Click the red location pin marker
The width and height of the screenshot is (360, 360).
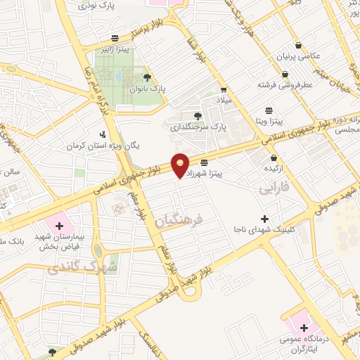tap(181, 165)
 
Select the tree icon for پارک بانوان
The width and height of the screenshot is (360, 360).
tap(147, 77)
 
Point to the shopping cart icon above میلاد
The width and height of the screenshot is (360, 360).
tap(224, 90)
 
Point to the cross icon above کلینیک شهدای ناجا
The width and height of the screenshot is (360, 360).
tap(264, 219)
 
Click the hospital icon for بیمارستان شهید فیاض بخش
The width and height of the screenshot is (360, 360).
tap(59, 226)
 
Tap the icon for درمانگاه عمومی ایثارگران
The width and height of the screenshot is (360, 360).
tap(304, 327)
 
